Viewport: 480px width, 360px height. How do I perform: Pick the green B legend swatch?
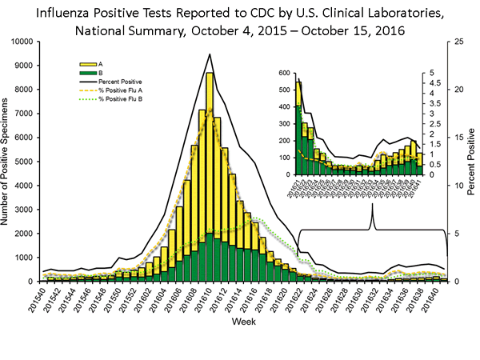[x=83, y=71]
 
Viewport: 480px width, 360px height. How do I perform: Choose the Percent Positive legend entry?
[x=121, y=82]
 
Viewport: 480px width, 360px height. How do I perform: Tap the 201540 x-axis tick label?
[x=50, y=298]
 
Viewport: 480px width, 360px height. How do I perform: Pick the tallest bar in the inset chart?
[x=298, y=128]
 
